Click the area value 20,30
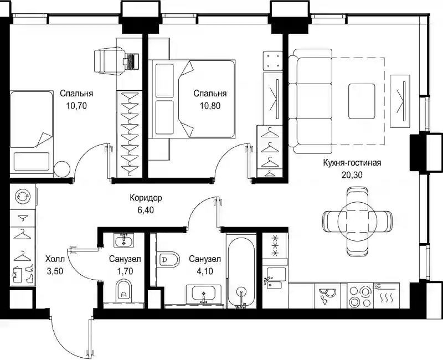[352, 175]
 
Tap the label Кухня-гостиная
[352, 163]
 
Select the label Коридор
[146, 198]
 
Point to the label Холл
[55, 259]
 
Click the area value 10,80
[210, 106]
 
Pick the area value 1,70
[125, 271]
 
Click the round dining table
[357, 221]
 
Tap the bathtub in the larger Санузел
[241, 272]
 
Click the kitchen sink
[274, 278]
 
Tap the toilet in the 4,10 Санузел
[168, 259]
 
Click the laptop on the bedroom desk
[131, 61]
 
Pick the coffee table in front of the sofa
[362, 101]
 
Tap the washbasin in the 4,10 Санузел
[204, 294]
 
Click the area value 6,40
[146, 210]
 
